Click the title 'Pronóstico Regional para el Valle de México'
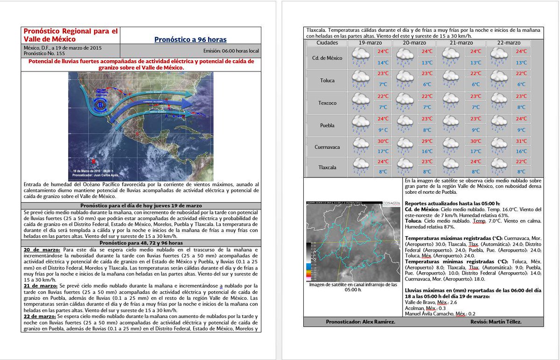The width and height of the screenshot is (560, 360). click(70, 35)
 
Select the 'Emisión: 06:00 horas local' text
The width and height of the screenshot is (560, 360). click(231, 51)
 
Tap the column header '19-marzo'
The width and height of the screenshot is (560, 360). click(369, 43)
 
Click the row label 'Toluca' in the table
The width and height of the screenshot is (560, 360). click(327, 80)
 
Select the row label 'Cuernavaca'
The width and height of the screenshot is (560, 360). click(327, 147)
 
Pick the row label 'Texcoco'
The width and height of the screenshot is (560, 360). click(327, 103)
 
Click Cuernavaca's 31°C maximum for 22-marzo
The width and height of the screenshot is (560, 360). click(521, 141)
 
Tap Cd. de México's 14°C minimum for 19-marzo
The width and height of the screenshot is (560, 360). click(383, 63)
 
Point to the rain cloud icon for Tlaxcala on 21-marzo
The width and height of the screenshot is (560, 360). click(451, 166)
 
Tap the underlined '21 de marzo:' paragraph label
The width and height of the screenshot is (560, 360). click(40, 285)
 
